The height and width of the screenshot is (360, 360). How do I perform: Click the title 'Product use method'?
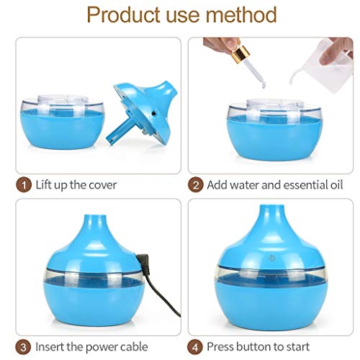click(x=180, y=14)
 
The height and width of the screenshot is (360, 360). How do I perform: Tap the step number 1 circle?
click(x=23, y=184)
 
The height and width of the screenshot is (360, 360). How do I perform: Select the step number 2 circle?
click(x=195, y=184)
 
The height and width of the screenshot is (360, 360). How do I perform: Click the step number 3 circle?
click(x=23, y=346)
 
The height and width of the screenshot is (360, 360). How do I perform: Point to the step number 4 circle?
click(x=195, y=346)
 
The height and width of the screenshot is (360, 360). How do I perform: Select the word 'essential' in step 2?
click(x=296, y=185)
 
